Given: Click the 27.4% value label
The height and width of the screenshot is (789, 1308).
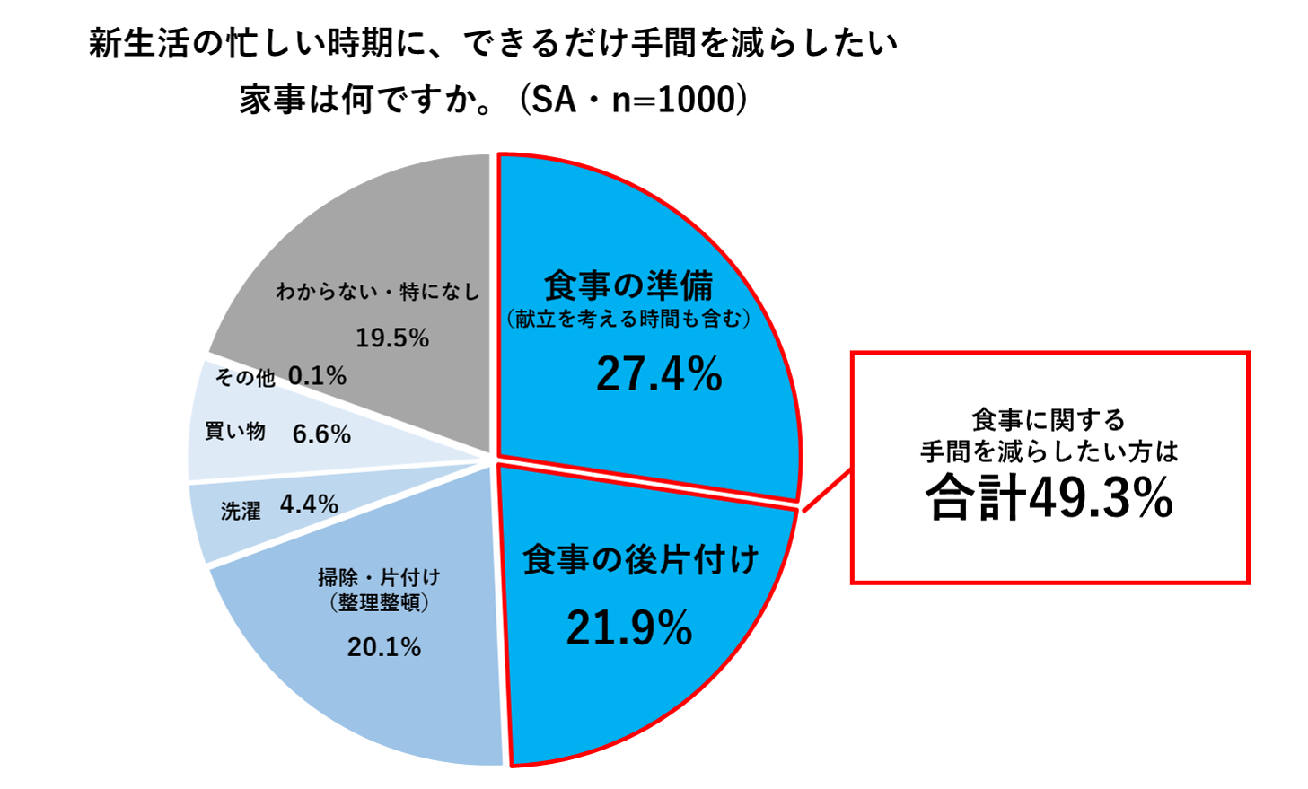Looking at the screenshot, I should click(x=659, y=373).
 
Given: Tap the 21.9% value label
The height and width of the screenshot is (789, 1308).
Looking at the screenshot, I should click(x=629, y=627).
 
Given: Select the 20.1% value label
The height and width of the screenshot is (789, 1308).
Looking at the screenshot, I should click(x=384, y=646).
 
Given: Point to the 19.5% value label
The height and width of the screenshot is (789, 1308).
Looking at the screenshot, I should click(x=392, y=338).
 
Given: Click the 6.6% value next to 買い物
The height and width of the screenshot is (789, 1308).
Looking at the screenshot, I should click(x=321, y=434).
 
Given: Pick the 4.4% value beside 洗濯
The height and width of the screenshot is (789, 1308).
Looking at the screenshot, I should click(x=309, y=504).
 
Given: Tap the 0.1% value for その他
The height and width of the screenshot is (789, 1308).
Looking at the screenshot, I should click(x=317, y=375).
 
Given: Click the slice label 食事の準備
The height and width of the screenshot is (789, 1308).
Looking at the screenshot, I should click(x=628, y=285).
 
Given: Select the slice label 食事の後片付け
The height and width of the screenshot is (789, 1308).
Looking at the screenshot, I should click(x=641, y=559).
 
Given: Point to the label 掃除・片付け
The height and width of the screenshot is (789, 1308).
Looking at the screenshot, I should click(x=379, y=576).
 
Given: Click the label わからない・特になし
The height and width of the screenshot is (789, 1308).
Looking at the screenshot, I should click(x=377, y=292).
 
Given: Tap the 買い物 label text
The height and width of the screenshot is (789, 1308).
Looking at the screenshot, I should click(x=235, y=432).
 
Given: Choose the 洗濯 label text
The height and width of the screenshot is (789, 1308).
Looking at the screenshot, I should click(x=241, y=511).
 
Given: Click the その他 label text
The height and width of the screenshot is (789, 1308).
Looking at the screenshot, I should click(x=245, y=377).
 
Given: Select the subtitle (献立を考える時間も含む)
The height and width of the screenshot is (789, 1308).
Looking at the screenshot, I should click(x=628, y=319).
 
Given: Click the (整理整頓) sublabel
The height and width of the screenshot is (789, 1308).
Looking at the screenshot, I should click(x=379, y=602).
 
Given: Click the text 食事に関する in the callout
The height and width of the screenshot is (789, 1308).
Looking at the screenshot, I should click(x=1049, y=419).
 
